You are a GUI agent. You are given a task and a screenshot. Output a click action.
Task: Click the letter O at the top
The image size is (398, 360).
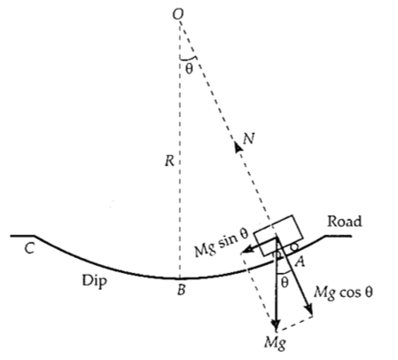178,14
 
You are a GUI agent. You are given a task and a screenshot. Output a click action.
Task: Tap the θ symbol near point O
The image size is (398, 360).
189,68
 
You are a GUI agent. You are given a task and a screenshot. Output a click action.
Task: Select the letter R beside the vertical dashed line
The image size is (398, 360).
169,161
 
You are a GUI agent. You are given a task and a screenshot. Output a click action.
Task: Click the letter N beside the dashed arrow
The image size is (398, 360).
249,138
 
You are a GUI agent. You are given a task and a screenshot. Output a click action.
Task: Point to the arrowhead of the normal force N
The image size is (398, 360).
238,146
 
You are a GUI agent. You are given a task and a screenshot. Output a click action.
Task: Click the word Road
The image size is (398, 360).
344,222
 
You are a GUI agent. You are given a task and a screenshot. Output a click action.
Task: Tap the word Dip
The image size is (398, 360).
94,280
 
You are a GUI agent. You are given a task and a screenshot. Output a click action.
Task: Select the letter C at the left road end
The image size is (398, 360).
29,248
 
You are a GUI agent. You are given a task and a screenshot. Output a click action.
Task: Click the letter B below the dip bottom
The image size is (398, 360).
181,290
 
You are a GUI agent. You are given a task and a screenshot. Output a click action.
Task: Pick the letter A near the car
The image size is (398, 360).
300,262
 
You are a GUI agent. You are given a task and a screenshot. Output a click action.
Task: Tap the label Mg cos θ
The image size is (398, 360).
343,293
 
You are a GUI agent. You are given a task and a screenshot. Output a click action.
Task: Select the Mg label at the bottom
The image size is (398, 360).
275,343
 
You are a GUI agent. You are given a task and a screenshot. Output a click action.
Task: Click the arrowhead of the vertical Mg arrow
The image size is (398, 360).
276,324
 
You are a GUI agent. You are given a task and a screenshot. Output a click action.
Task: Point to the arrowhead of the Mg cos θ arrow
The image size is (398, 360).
309,310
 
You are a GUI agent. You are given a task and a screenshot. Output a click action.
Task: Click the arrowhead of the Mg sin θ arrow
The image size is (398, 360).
246,250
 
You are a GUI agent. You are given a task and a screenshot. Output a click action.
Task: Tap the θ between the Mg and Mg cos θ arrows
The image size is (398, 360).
285,283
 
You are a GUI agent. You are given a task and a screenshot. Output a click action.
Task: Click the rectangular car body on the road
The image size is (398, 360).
278,235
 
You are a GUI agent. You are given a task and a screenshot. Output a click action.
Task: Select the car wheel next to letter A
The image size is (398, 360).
295,246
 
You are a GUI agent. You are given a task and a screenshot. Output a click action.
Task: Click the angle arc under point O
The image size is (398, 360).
188,59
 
